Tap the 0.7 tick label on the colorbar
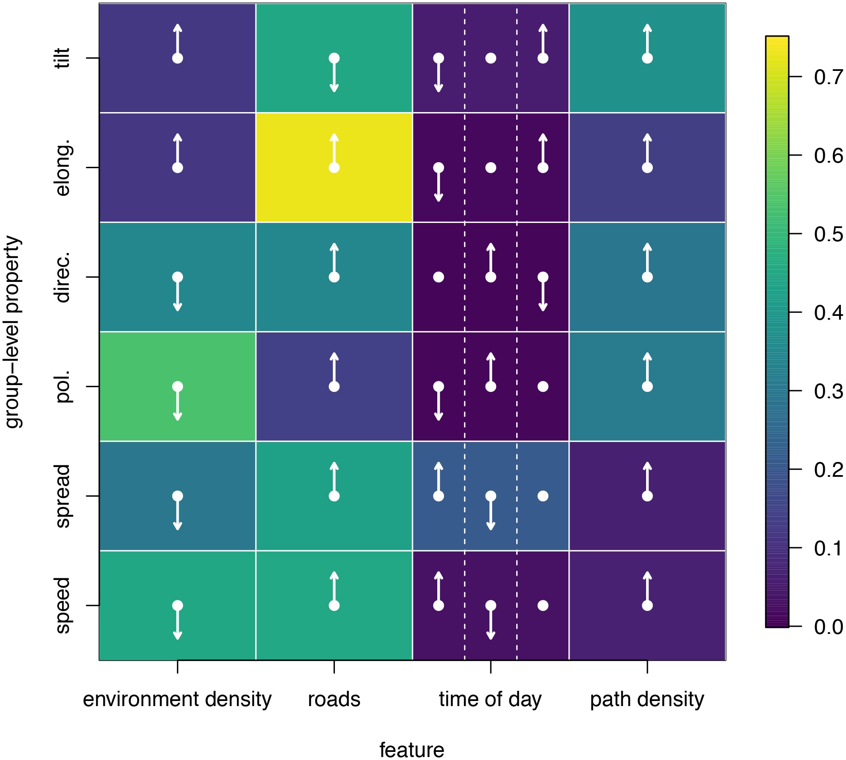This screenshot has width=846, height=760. coord(828,77)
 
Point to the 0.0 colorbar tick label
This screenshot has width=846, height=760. coord(828,627)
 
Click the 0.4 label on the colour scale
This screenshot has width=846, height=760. coord(828,313)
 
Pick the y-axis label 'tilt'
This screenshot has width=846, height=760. coord(63,58)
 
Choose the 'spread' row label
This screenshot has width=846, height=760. coord(63,496)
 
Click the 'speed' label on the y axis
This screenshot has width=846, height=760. coord(63,605)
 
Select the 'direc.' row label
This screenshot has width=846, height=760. coord(63,277)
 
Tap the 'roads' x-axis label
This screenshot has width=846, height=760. coord(334,699)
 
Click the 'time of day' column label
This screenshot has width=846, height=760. coord(490,699)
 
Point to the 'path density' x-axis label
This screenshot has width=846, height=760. coord(647,699)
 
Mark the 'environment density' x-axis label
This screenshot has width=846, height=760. coord(177,699)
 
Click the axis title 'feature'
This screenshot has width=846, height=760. coord(412,750)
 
